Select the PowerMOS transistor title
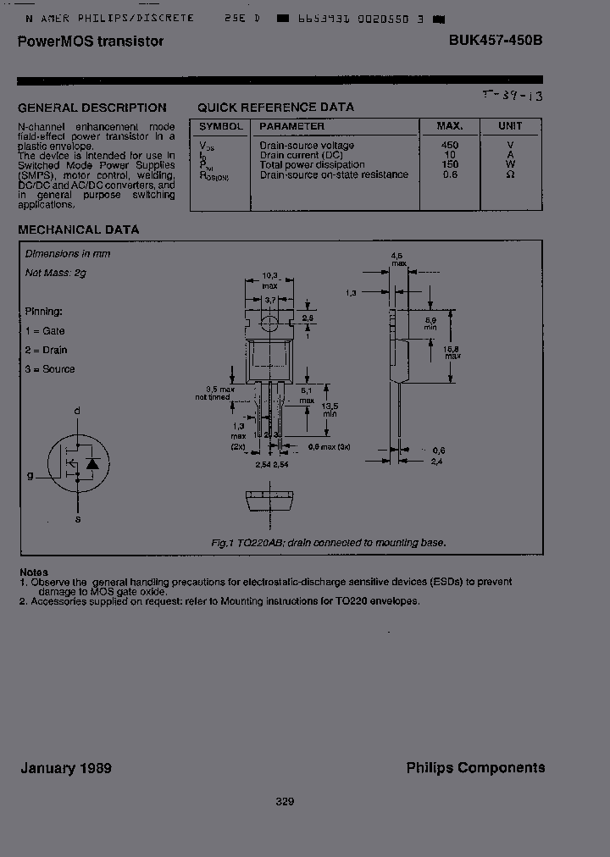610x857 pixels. pyautogui.click(x=91, y=41)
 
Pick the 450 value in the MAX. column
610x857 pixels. pyautogui.click(x=450, y=146)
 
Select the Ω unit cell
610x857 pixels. pyautogui.click(x=510, y=174)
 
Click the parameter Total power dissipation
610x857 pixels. pyautogui.click(x=313, y=165)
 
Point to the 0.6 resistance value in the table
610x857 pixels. pyautogui.click(x=450, y=174)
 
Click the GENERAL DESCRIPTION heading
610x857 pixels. pyautogui.click(x=92, y=108)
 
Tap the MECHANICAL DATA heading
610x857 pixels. pyautogui.click(x=79, y=229)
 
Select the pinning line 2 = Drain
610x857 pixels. pyautogui.click(x=46, y=350)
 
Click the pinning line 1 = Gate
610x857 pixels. pyautogui.click(x=44, y=331)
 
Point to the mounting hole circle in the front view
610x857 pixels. pyautogui.click(x=269, y=323)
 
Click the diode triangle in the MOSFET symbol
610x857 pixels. pyautogui.click(x=93, y=464)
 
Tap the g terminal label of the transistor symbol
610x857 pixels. pyautogui.click(x=30, y=476)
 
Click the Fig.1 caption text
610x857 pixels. pyautogui.click(x=329, y=543)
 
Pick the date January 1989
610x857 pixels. pyautogui.click(x=66, y=768)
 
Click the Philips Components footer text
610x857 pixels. pyautogui.click(x=475, y=767)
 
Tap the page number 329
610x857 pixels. pyautogui.click(x=285, y=801)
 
